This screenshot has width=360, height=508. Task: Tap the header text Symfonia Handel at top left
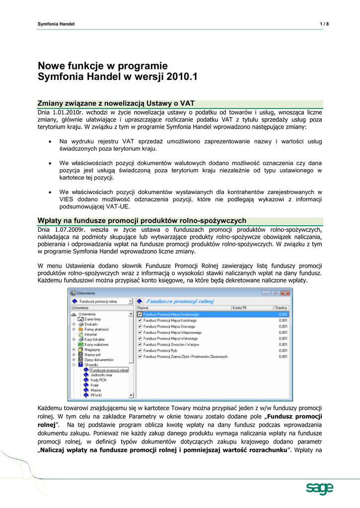(x=56, y=24)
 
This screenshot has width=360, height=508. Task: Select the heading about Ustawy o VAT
(x=116, y=103)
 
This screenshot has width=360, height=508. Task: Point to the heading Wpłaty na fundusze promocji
(x=142, y=220)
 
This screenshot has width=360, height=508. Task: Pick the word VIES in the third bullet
(x=67, y=199)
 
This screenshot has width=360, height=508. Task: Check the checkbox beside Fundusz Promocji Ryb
(x=140, y=349)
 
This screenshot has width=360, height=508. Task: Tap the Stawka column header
(x=281, y=308)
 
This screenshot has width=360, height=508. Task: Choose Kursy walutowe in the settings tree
(x=96, y=344)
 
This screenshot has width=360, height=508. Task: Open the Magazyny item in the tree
(x=93, y=350)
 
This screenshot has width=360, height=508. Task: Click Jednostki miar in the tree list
(x=101, y=375)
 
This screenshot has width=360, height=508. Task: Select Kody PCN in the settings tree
(x=98, y=380)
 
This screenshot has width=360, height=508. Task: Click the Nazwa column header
(x=143, y=308)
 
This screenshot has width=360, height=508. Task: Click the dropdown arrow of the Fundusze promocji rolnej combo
(x=131, y=301)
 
